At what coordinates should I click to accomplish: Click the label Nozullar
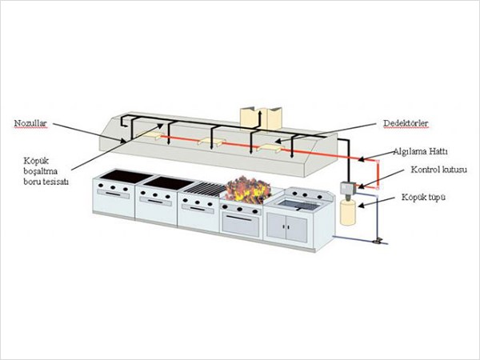pyautogui.click(x=30, y=123)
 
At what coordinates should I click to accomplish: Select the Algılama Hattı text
pyautogui.click(x=418, y=151)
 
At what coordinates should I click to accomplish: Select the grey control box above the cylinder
pyautogui.click(x=347, y=188)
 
